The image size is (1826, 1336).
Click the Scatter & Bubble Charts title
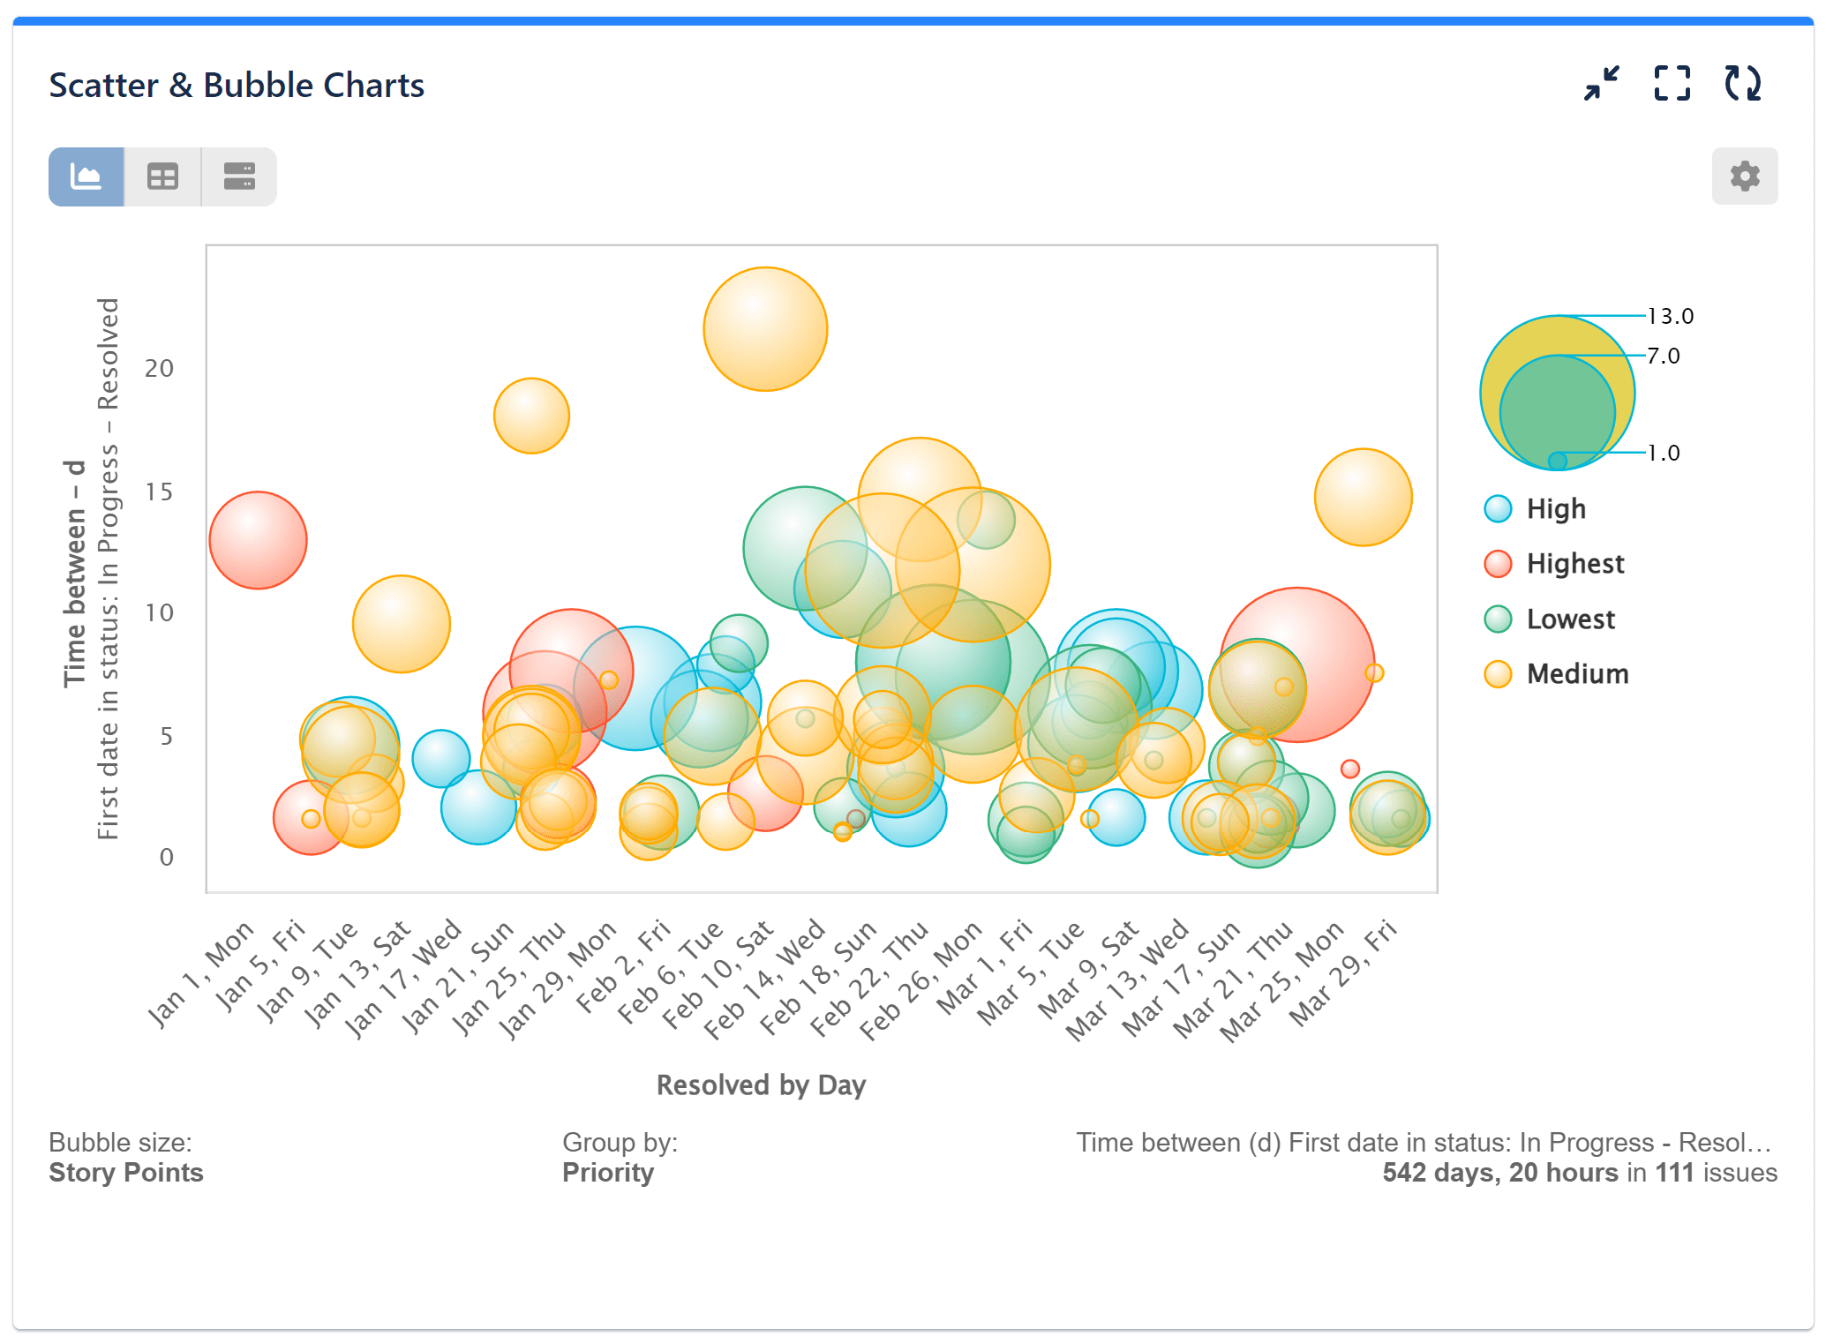236,86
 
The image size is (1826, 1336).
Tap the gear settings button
1744,176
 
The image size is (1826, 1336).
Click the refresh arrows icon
1742,84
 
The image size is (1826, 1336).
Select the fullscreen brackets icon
1672,84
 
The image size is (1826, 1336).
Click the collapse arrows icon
1601,84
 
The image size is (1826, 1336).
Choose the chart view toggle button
86,177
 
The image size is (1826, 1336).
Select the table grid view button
162,177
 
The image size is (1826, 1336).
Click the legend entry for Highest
1574,564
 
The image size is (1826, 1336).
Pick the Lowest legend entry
1570,619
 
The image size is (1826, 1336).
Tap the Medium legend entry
1577,674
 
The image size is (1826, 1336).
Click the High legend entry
1556,509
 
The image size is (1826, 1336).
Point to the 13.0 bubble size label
1670,316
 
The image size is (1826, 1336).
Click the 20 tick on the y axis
159,369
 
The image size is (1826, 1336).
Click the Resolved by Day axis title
761,1085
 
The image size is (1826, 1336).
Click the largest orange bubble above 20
765,329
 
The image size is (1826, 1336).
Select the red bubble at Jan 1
258,540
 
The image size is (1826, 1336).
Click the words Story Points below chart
126,1173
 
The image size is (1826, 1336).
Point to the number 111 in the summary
1674,1173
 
